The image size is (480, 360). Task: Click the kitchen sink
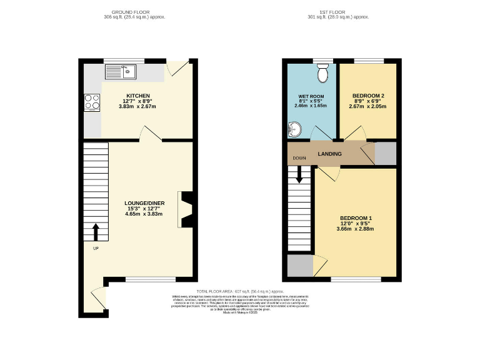[127, 71]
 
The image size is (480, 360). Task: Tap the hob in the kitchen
[91, 101]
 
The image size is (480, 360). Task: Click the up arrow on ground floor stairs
[96, 232]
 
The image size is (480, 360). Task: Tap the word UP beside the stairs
[96, 248]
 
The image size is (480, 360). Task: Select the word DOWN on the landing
[299, 158]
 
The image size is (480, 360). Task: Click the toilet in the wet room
[322, 74]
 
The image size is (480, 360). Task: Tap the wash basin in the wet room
[293, 130]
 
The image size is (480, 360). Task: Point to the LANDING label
[329, 153]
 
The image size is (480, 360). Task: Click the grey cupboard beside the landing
[385, 152]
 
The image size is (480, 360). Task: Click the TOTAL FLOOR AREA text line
[239, 292]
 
